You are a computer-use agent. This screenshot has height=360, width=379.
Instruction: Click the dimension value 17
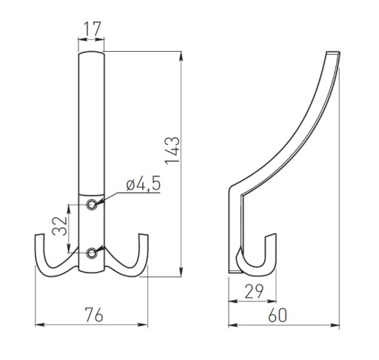[x=93, y=29]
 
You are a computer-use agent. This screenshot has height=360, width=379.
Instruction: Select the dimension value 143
[x=172, y=150]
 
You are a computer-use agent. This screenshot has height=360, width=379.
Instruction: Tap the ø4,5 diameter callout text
[x=144, y=183]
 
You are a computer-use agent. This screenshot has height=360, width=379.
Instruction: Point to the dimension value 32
[x=60, y=226]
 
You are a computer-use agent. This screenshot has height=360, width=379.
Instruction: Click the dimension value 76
[x=94, y=315]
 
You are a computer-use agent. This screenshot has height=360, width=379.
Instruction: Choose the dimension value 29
[x=254, y=291]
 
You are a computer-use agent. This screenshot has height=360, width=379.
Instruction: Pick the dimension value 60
[x=278, y=316]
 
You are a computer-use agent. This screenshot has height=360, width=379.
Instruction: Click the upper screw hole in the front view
[x=92, y=204]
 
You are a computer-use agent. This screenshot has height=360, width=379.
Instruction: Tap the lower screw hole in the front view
[x=92, y=253]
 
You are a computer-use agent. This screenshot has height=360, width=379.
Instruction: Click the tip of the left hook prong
[x=39, y=235]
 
